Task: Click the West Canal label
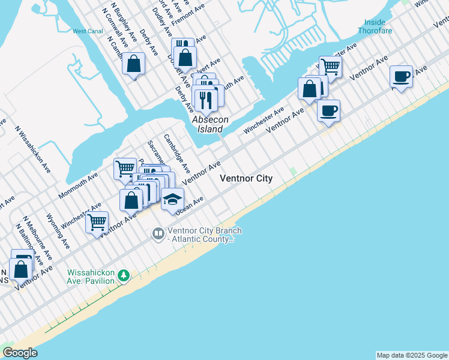(88, 31)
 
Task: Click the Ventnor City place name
(246, 178)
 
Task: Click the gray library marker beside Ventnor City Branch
(158, 233)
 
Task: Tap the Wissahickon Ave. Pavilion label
(91, 276)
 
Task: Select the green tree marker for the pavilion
(124, 276)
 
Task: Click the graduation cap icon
(172, 199)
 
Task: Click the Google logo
(20, 353)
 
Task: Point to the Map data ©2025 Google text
(412, 355)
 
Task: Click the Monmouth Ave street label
(78, 186)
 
